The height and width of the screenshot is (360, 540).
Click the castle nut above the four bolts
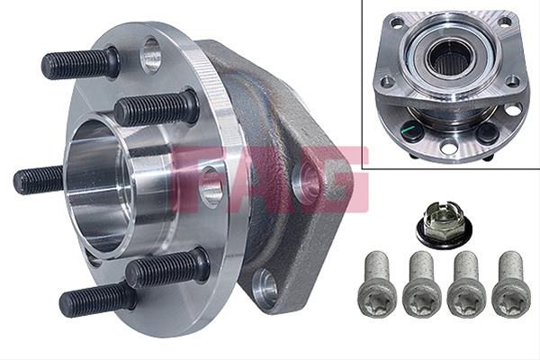point(444,224)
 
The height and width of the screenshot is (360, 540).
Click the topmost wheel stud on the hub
point(81,64)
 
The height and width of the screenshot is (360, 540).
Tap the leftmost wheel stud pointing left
point(39,180)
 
